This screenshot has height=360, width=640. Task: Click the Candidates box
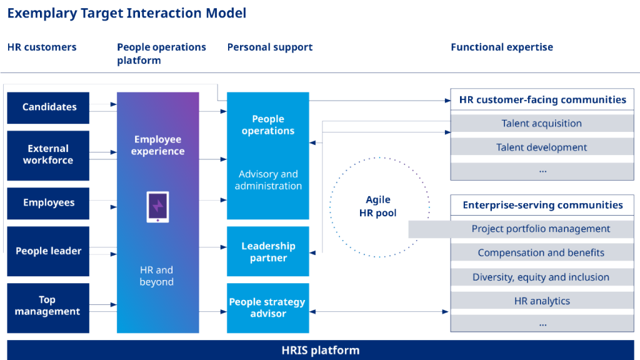[48, 107]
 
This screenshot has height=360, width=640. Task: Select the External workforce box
[48, 155]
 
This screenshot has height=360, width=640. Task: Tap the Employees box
[48, 203]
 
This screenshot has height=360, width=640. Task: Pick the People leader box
[48, 251]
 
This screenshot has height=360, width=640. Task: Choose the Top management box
[48, 307]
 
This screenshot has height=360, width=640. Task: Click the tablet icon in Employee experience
[157, 207]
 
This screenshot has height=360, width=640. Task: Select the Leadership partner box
[267, 252]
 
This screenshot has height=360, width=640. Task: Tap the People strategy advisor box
[267, 307]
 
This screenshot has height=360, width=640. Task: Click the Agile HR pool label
[378, 207]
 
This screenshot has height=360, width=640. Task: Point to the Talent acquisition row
[541, 124]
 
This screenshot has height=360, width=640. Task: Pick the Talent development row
[541, 147]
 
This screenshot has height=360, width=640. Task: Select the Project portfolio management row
[541, 229]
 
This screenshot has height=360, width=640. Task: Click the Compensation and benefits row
[541, 253]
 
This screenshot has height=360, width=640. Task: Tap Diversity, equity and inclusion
[541, 277]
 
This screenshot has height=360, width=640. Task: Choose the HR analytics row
[541, 301]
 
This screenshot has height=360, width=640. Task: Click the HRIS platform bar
[320, 350]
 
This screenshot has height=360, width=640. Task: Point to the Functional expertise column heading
[502, 47]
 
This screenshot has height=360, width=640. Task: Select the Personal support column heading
[269, 47]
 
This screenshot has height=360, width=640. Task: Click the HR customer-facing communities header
[542, 100]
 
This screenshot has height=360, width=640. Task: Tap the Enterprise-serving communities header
[542, 205]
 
